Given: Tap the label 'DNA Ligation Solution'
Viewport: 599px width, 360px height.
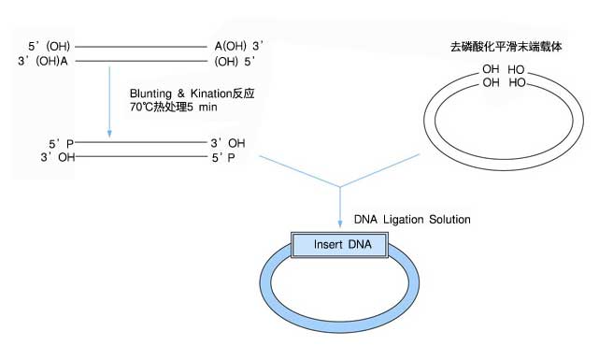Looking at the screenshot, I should tap(411, 219).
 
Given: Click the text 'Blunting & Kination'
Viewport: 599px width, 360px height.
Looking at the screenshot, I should tap(187, 94).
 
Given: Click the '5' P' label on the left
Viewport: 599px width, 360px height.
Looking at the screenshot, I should tap(62, 144).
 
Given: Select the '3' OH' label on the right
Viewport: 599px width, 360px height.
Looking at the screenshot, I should tap(229, 144).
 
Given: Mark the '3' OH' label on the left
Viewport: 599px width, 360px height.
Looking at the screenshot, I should tap(57, 158).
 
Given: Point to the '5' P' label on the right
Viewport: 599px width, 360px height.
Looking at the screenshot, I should tap(224, 158).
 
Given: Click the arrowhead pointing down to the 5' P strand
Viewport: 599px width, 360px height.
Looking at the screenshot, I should tap(110, 130).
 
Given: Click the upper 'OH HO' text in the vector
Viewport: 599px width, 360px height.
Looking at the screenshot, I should tap(504, 70).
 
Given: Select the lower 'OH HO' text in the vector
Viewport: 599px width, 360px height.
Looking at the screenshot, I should tap(504, 83).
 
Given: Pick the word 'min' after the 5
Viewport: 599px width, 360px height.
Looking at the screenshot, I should tap(222, 109).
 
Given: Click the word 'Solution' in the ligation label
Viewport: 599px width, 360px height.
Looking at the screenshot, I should tap(449, 219).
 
